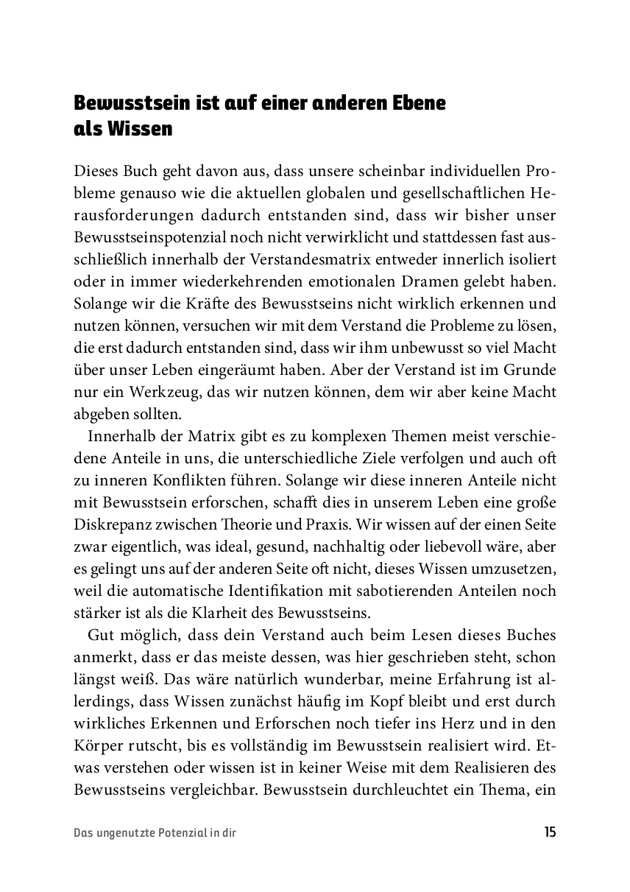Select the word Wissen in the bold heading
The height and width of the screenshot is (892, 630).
point(141,129)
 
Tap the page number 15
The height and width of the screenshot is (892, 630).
point(550,833)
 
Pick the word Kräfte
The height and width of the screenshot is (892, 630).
point(193,303)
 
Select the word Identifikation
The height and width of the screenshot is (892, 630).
point(261,591)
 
